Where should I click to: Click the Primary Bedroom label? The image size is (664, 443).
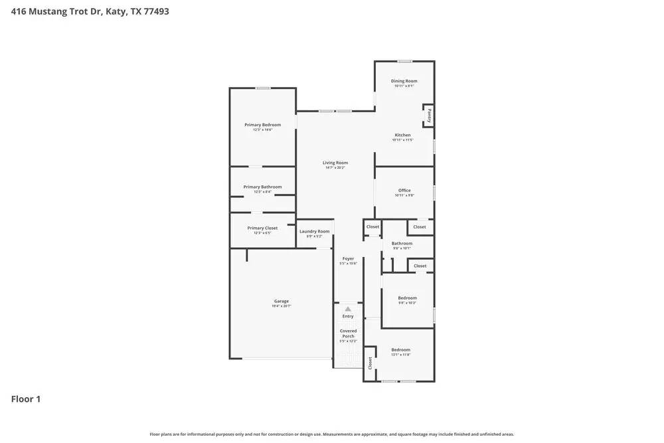pyautogui.click(x=262, y=125)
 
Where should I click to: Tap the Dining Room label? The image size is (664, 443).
pyautogui.click(x=404, y=81)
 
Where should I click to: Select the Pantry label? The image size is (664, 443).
pyautogui.click(x=430, y=116)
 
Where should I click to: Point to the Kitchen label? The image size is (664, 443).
pyautogui.click(x=402, y=135)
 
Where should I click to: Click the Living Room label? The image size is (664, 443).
pyautogui.click(x=335, y=163)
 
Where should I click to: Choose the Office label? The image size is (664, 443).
pyautogui.click(x=404, y=191)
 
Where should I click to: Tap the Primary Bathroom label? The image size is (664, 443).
pyautogui.click(x=262, y=187)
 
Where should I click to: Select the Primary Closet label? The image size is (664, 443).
pyautogui.click(x=262, y=228)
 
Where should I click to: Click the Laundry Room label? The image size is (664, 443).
pyautogui.click(x=314, y=231)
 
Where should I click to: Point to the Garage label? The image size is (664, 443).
pyautogui.click(x=282, y=301)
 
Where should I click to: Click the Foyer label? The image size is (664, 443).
pyautogui.click(x=348, y=258)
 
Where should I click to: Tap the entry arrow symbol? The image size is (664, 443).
pyautogui.click(x=348, y=309)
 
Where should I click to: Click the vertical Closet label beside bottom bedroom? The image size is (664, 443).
pyautogui.click(x=371, y=363)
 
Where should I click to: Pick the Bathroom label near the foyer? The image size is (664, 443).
pyautogui.click(x=402, y=243)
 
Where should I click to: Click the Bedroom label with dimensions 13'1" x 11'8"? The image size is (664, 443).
pyautogui.click(x=400, y=350)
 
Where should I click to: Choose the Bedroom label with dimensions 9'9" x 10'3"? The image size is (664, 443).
pyautogui.click(x=407, y=298)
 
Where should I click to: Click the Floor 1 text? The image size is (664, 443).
pyautogui.click(x=26, y=399)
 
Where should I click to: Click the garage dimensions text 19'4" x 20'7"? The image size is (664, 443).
pyautogui.click(x=282, y=306)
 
